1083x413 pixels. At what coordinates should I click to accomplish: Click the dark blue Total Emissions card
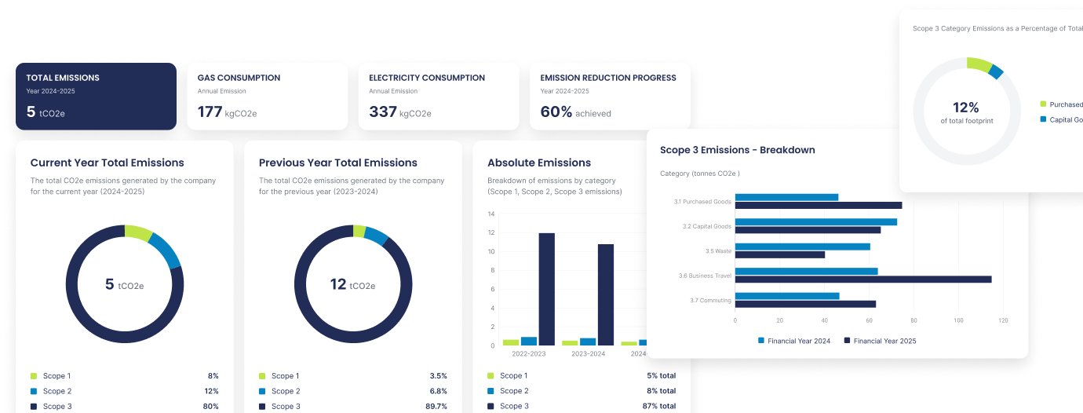point(96,96)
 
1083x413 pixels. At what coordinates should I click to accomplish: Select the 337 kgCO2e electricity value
point(399,112)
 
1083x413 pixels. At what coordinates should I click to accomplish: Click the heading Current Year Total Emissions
point(107,163)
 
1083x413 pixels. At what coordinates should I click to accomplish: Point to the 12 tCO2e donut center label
point(352,284)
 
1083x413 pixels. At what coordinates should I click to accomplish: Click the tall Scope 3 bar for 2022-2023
point(547,288)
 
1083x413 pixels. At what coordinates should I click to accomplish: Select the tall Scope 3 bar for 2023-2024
point(606,294)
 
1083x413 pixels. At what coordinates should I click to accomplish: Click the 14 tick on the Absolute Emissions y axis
point(491,214)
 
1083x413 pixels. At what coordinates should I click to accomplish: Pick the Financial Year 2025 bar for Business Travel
point(862,280)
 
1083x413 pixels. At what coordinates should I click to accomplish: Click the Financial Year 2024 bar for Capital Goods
point(815,222)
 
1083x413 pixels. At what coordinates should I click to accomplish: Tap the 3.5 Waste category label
point(718,251)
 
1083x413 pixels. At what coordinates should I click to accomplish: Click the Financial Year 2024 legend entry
point(793,341)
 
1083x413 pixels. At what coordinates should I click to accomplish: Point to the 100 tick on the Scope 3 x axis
point(958,320)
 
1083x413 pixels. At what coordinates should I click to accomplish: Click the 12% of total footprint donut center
point(965,111)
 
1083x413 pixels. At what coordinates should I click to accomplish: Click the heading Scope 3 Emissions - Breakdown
point(737,150)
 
